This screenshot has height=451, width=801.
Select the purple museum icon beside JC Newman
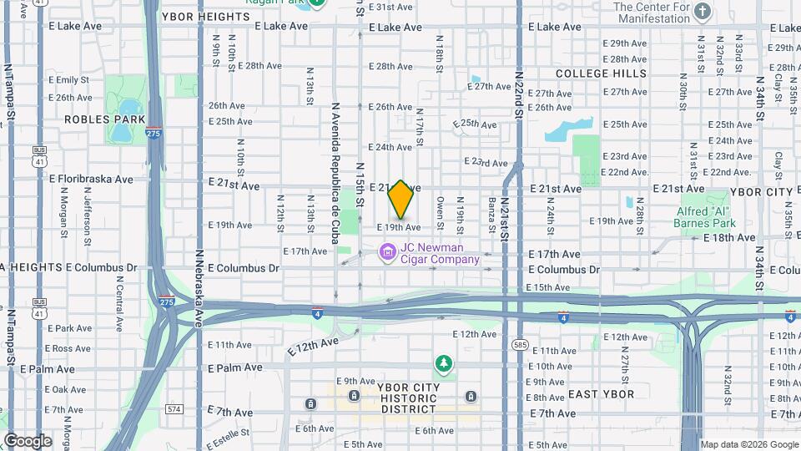click(x=387, y=251)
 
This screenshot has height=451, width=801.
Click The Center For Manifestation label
click(x=652, y=12)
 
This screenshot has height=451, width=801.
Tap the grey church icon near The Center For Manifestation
click(x=703, y=11)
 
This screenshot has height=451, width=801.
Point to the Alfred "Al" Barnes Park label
click(x=706, y=217)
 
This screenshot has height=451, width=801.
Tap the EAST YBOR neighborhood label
click(x=601, y=394)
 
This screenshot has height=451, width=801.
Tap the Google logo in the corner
click(x=28, y=441)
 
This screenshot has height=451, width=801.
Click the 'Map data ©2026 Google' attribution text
click(x=748, y=444)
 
